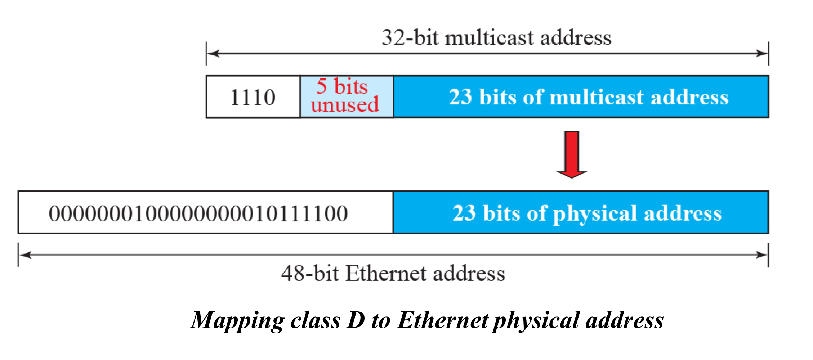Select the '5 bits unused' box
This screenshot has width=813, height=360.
347,96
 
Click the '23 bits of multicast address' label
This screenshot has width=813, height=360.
589,97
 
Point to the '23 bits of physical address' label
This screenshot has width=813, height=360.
587,213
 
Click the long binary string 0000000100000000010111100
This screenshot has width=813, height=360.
198,213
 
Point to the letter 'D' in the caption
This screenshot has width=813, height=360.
356,320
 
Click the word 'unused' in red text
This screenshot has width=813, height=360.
345,105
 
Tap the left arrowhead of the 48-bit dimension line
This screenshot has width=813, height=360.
25,255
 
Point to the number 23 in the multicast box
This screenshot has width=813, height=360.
460,97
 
